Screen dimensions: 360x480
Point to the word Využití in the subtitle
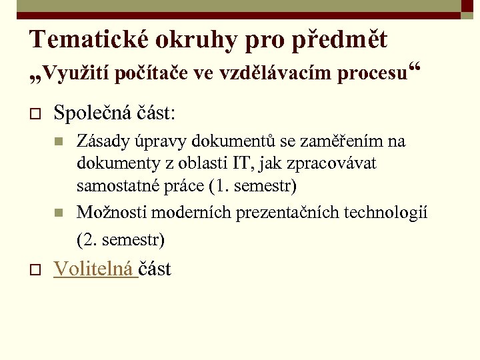[x=77, y=73]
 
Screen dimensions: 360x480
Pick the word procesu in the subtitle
[x=372, y=73]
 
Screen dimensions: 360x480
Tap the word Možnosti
[x=112, y=212]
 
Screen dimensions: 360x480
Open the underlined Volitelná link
[x=93, y=269]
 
